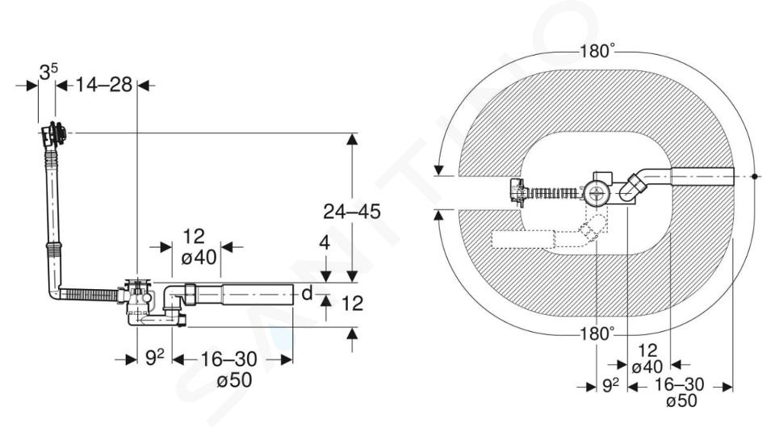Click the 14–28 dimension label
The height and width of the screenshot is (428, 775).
pos(104,85)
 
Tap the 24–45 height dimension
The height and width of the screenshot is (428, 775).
pos(352,212)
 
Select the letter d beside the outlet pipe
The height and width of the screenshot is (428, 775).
pos(307,294)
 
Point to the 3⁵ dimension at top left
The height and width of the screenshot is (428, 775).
pos(48,73)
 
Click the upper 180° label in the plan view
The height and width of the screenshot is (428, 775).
pos(597,50)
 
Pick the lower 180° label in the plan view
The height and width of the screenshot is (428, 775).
pos(597,334)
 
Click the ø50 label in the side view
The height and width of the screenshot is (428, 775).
pos(234,380)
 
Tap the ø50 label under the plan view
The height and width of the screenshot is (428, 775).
pos(681,401)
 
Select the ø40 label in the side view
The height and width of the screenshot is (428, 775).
pos(199,258)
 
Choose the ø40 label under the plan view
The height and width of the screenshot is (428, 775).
pos(647,367)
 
